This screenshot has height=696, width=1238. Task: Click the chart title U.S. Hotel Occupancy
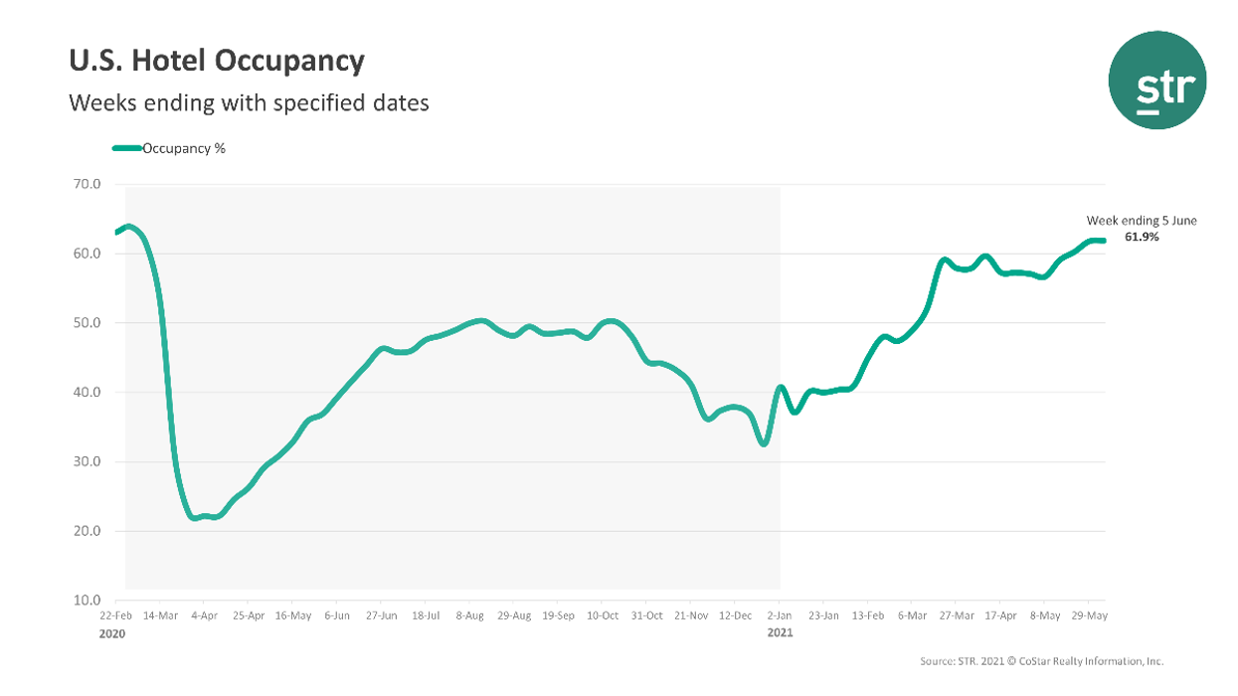coord(217,62)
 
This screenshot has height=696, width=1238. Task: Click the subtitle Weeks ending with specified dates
coord(249,102)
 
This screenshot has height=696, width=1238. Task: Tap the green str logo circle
coord(1156,80)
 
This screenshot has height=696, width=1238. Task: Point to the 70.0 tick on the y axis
coord(88,184)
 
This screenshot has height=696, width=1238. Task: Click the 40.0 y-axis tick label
coord(88,392)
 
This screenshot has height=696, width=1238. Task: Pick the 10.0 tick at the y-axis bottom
coord(88,601)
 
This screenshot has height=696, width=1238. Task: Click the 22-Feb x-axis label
coord(115,616)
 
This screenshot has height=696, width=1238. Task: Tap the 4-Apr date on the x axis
coord(204,616)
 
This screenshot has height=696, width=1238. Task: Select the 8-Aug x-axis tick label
coord(470,616)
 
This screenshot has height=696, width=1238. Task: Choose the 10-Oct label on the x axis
coord(602,616)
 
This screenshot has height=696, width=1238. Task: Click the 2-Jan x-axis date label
coord(779,616)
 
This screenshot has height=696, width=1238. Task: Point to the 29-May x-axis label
coord(1090,616)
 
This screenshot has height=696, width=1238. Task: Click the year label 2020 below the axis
coord(113,632)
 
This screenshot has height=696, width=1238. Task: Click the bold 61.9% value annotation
coord(1142,238)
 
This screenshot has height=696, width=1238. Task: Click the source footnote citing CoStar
coord(1042,661)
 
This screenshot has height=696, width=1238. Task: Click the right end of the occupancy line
coord(1104,241)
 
